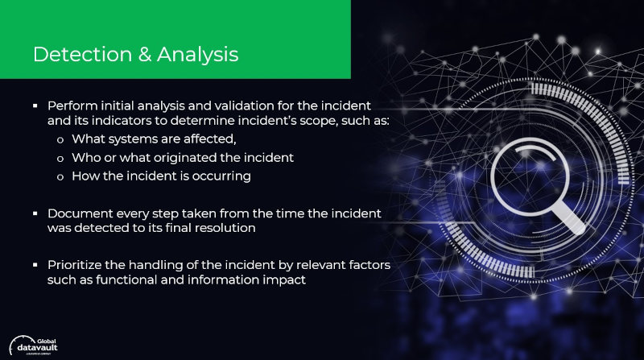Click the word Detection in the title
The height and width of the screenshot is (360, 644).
coord(83,54)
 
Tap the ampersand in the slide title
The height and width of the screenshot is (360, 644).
coord(145,55)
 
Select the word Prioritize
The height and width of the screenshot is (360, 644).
coord(74,265)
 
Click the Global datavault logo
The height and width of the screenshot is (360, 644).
coord(34,346)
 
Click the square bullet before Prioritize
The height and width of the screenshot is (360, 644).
coord(35,266)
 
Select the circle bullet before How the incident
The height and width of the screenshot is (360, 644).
coord(60,177)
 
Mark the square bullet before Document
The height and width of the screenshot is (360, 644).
coord(35,213)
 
